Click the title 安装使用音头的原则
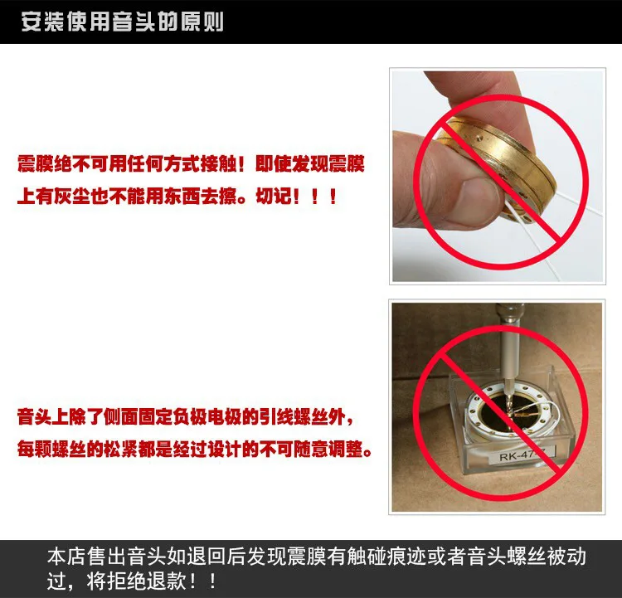coord(122,22)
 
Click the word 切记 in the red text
coord(274,196)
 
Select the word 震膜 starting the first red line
coord(35,163)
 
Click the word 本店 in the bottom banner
coord(66,557)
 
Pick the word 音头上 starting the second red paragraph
coord(43,417)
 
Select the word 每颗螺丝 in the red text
coord(51,450)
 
